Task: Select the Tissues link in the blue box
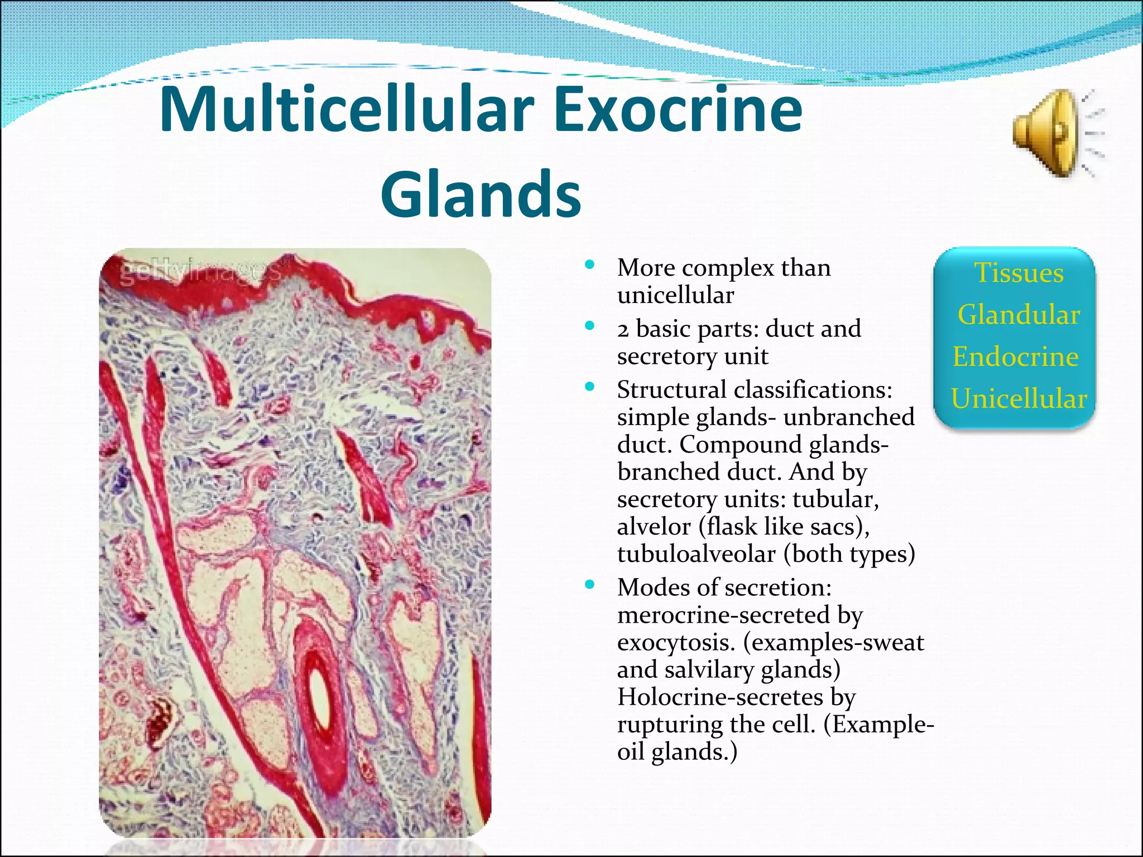[x=1019, y=273]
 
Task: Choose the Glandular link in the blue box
[x=1019, y=315]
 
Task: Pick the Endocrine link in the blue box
[x=1015, y=357]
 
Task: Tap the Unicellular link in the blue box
[x=1019, y=398]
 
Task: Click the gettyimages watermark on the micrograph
[x=201, y=273]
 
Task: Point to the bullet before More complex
[x=589, y=265]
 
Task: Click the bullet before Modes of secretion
[x=589, y=585]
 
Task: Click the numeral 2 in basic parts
[x=623, y=330]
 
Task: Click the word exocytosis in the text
[x=676, y=643]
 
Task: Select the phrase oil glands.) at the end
[x=677, y=752]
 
